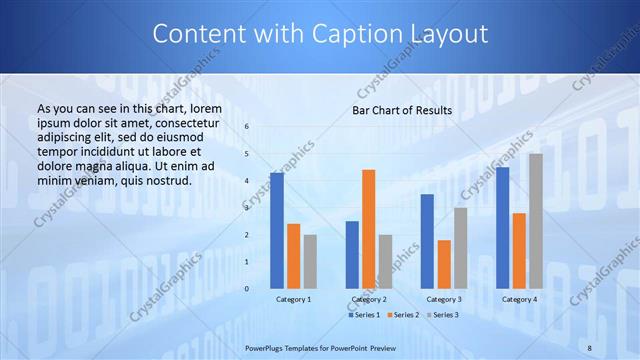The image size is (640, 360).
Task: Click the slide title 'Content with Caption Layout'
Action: (x=320, y=34)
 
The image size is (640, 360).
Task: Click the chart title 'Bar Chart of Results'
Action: (x=402, y=110)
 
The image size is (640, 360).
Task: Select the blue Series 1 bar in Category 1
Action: (x=277, y=230)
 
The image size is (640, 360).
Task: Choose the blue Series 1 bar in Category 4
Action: (x=502, y=227)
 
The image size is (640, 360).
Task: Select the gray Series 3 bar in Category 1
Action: (x=310, y=261)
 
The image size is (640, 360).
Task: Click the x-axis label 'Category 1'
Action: (x=293, y=299)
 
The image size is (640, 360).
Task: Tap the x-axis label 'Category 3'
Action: (x=444, y=299)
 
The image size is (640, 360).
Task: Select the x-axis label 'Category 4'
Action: (x=519, y=299)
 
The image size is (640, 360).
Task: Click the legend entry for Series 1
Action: (x=365, y=315)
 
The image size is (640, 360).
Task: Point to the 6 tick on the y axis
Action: (x=247, y=127)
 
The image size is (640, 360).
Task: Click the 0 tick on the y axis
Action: (x=247, y=288)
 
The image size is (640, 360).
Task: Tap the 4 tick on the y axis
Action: (x=247, y=181)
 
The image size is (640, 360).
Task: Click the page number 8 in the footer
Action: (x=590, y=346)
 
